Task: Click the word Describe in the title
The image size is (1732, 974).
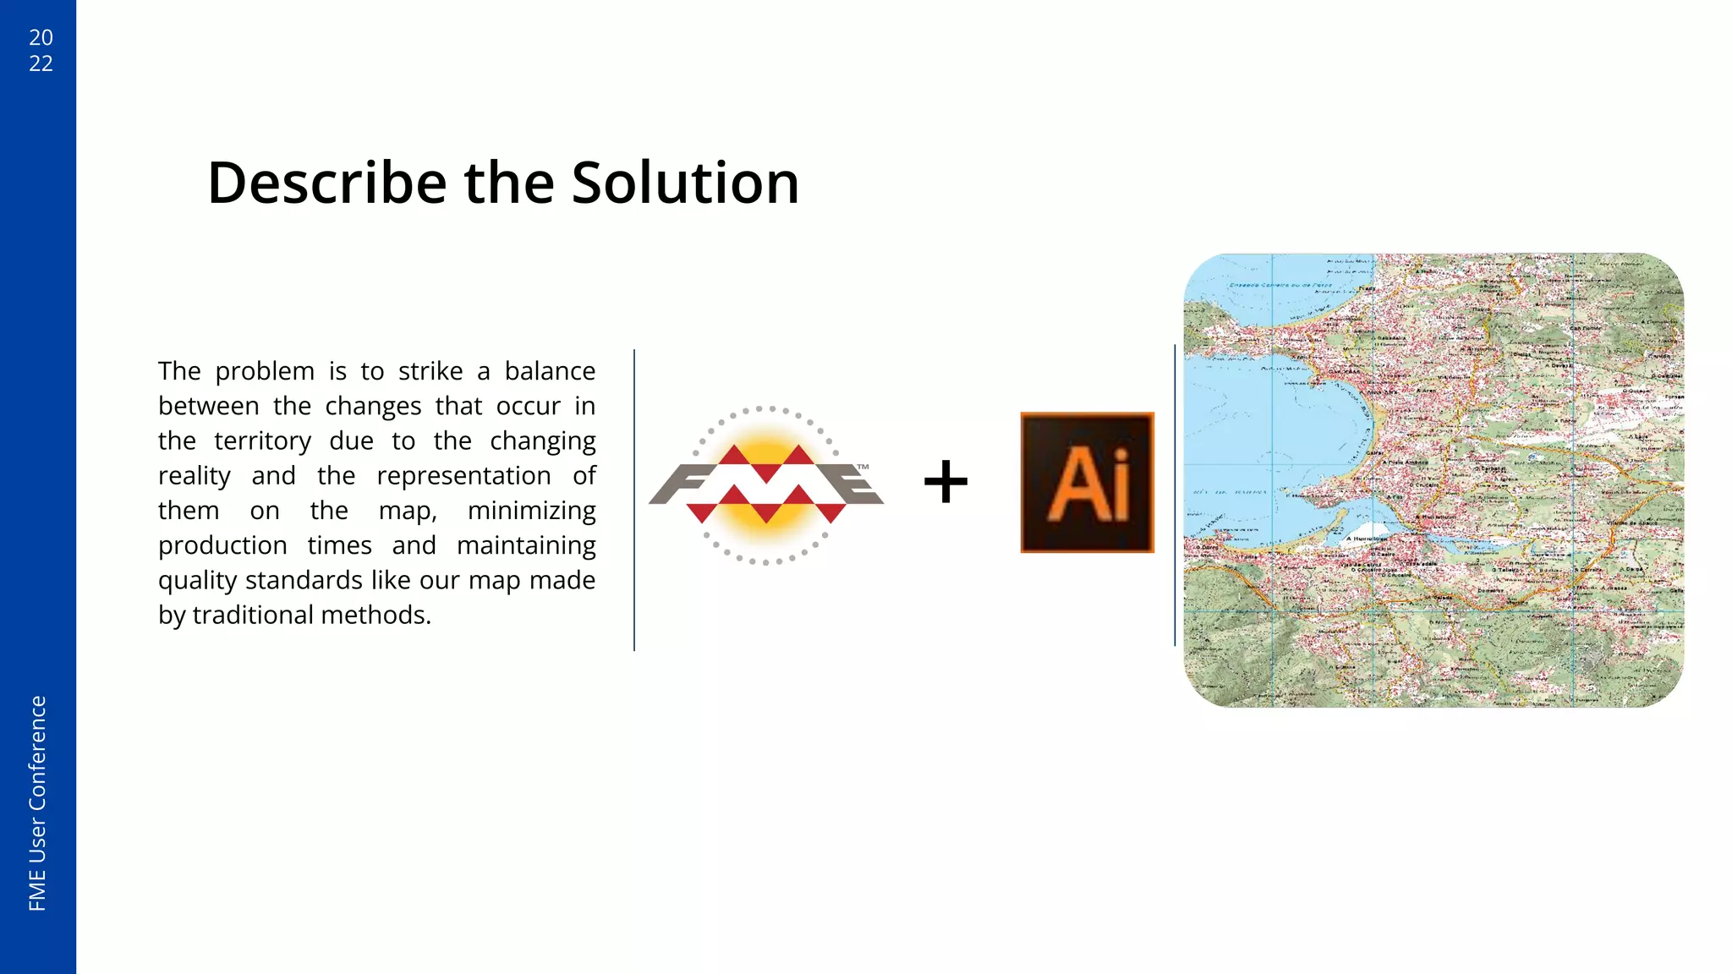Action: pos(326,183)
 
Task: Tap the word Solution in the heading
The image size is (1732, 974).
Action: pos(685,183)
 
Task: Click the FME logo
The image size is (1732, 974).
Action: pos(766,485)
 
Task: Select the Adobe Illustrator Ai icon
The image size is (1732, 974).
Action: pos(1087,483)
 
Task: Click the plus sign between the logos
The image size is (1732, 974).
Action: pos(945,482)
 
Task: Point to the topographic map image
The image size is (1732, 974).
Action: pos(1433,480)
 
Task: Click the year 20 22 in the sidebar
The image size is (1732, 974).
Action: pos(41,50)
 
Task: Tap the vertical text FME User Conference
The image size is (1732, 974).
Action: pos(38,803)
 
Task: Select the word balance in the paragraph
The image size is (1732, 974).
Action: pos(550,371)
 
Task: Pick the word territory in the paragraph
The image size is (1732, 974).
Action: pos(262,441)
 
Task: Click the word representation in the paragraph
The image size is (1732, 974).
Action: pos(463,476)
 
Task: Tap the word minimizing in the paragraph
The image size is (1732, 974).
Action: pos(531,511)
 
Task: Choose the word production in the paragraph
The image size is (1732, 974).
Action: pos(222,546)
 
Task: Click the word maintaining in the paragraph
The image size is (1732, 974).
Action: pos(526,546)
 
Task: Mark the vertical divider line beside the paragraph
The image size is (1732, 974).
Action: pos(634,500)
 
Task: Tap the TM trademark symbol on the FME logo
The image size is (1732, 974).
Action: pos(863,467)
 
